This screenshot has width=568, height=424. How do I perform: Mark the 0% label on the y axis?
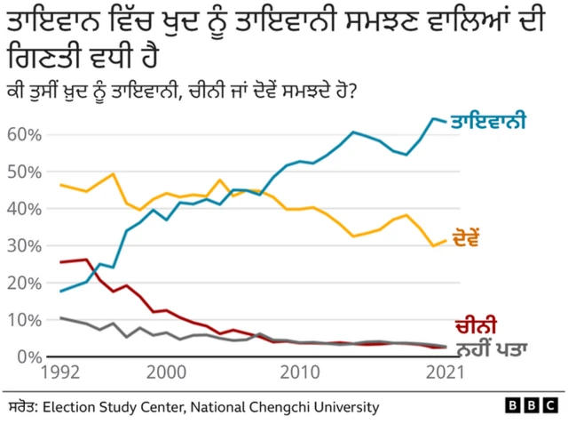coord(28,356)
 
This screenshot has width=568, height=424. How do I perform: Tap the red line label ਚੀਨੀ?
coord(475,325)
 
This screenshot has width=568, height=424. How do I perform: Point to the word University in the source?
coord(346,406)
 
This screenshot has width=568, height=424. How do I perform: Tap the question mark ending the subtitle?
coord(352,91)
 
